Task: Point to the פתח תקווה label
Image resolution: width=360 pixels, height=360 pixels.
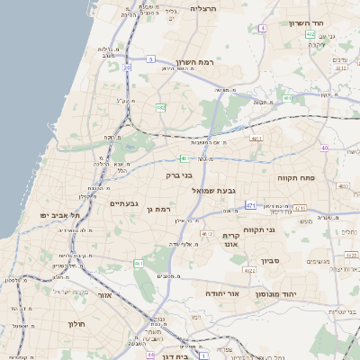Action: coord(295,177)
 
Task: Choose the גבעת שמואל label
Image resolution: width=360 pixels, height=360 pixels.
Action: coord(213,191)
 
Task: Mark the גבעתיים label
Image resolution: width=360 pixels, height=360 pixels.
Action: coord(123,203)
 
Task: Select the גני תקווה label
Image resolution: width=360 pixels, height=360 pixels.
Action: coord(283,229)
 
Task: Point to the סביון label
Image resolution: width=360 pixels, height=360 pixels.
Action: coord(271,261)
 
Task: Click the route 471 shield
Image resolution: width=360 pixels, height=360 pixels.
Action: coord(252,206)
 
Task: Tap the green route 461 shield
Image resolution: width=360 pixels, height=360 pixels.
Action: coord(139,264)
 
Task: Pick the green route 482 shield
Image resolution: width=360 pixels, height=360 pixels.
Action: coord(160,108)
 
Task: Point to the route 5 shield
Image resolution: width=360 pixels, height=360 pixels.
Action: coord(150,58)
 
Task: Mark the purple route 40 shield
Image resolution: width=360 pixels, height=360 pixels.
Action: coord(324,148)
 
